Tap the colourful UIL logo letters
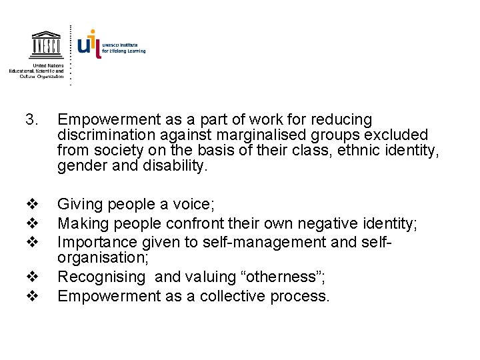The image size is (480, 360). pyautogui.click(x=89, y=43)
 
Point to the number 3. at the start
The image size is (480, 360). pyautogui.click(x=31, y=120)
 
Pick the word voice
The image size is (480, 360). pyautogui.click(x=193, y=203)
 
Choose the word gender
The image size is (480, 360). pyautogui.click(x=81, y=166)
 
